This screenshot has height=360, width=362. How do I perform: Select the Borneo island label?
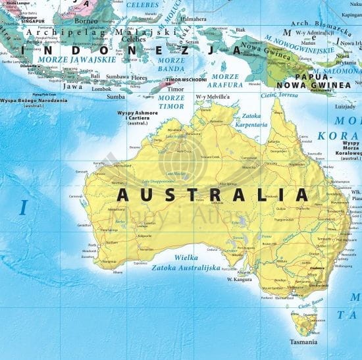(x=86, y=20)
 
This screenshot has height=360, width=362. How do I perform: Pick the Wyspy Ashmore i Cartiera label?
(x=138, y=116)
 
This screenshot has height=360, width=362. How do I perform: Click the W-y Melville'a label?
(x=212, y=97)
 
